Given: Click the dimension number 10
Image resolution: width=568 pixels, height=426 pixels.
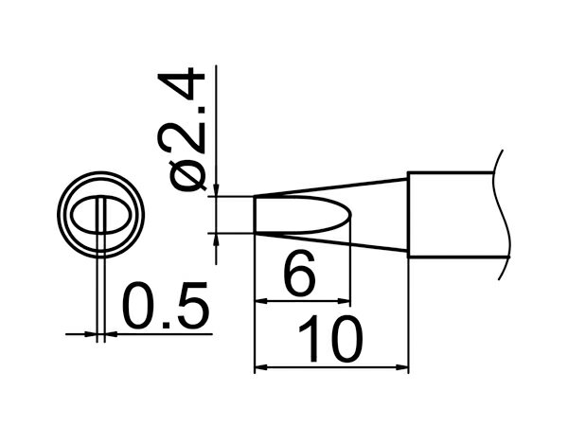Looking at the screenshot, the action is pyautogui.click(x=330, y=339).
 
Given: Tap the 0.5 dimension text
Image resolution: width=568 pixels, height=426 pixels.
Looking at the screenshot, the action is pyautogui.click(x=166, y=305).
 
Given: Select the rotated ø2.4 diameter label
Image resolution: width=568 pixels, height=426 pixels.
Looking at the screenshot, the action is pyautogui.click(x=181, y=129).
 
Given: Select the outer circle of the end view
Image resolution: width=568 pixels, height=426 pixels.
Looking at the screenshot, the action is pyautogui.click(x=100, y=172).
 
